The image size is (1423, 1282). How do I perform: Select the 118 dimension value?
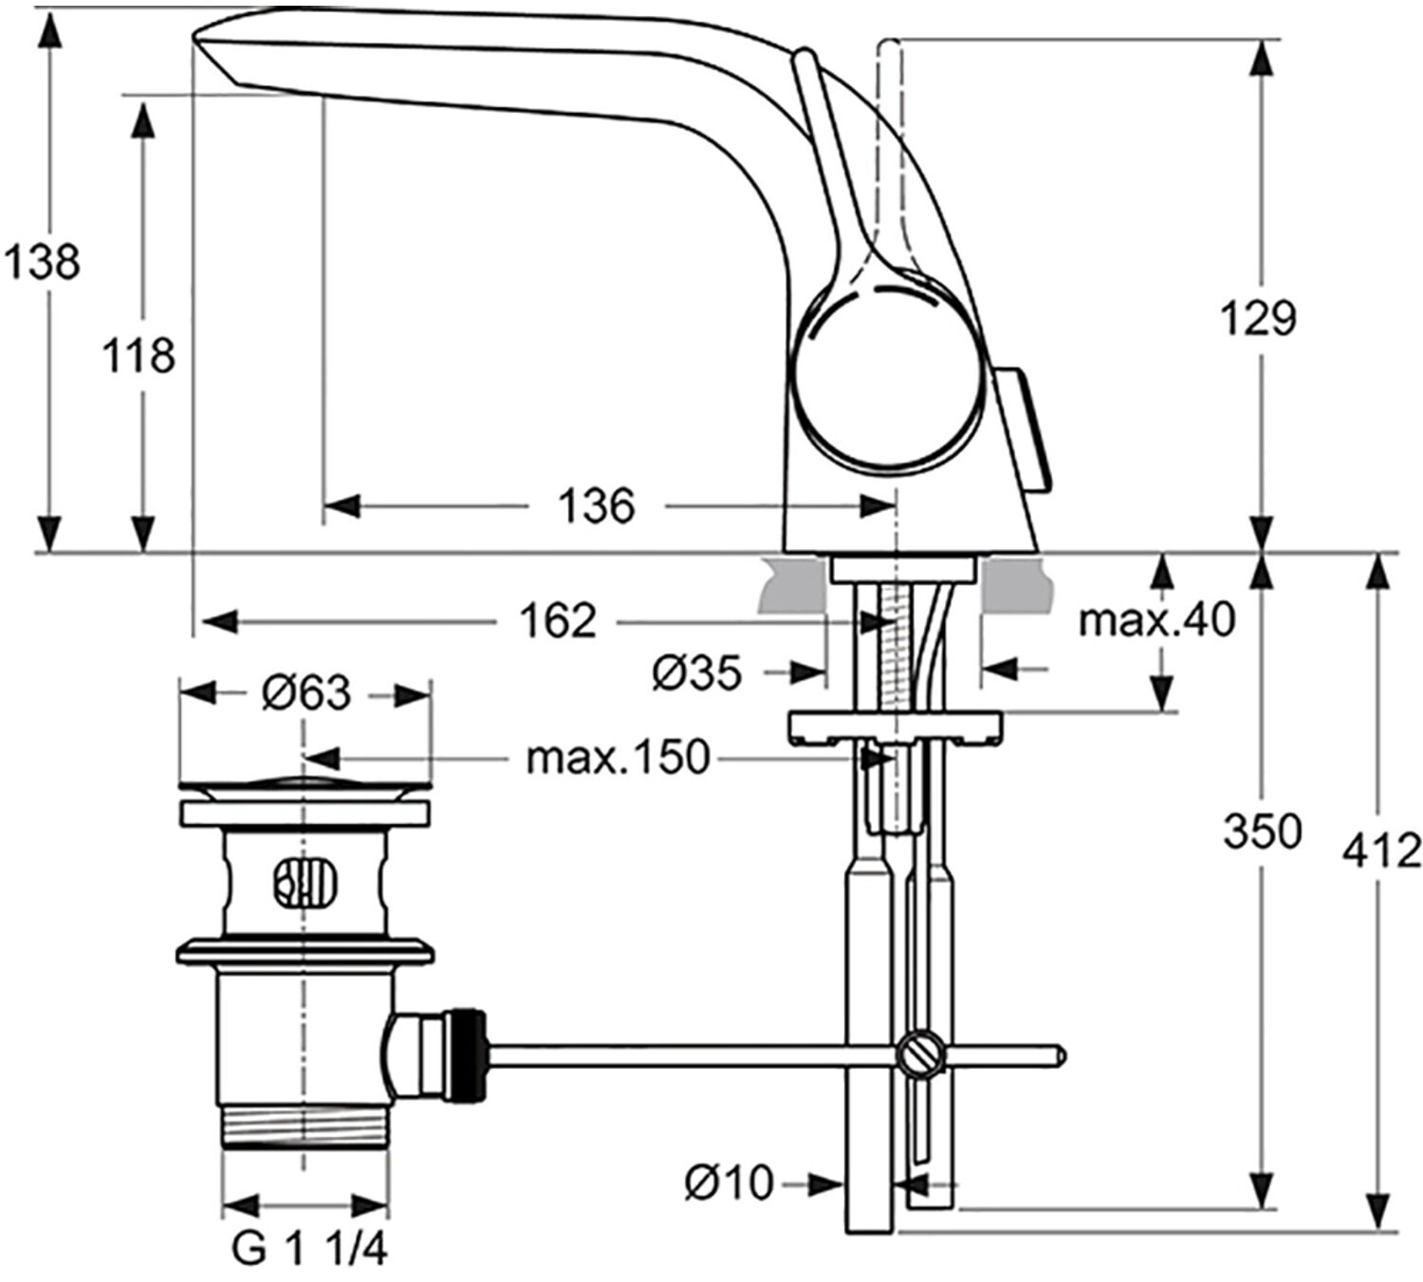coord(139,357)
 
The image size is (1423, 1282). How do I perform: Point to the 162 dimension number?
coord(558,621)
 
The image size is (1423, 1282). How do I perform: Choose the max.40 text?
coord(1156,621)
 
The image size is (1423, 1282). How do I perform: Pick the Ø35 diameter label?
coord(696,674)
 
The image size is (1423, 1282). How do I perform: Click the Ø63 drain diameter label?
coord(305,693)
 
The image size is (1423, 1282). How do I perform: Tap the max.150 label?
coord(618,758)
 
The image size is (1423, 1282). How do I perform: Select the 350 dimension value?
coord(1261,832)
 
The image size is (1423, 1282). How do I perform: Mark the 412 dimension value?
coord(1381,851)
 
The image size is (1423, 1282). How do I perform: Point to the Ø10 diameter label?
coord(729,1182)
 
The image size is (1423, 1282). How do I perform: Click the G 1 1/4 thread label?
coord(309,1250)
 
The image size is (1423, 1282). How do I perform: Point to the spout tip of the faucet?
coord(213,43)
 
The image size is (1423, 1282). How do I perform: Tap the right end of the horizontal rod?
coord(1060,1054)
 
